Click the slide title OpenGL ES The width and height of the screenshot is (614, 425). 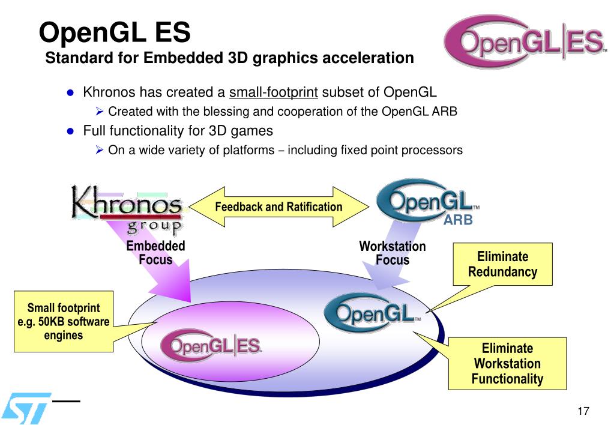coord(115,32)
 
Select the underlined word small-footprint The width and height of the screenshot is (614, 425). coord(274,92)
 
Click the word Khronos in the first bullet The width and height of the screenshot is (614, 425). coord(109,92)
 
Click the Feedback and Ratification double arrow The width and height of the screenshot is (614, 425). coord(278,207)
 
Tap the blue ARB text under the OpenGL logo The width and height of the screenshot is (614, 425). coord(458,221)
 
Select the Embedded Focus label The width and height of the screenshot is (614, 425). coord(155,253)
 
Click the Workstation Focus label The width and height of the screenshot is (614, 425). coord(393,253)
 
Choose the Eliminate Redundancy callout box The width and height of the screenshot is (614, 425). coord(502,264)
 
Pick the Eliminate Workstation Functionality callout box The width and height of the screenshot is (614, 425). coord(507,363)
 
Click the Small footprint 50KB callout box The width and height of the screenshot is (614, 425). coord(64,322)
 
